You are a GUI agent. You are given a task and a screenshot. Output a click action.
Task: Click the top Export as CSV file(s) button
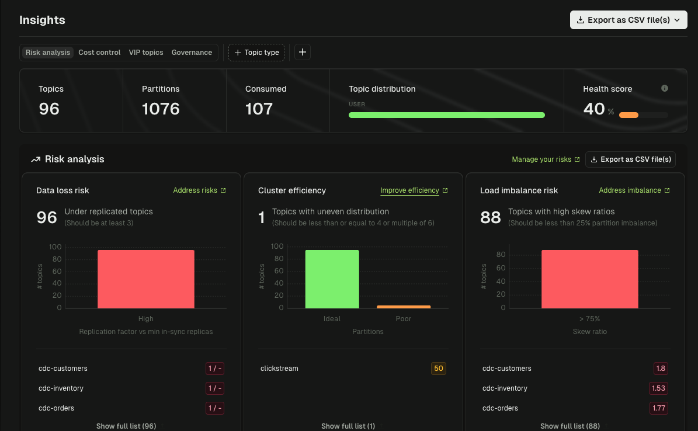[628, 20]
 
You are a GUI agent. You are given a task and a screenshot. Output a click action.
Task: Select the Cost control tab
[99, 53]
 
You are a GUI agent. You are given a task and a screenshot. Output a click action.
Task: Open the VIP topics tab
[146, 53]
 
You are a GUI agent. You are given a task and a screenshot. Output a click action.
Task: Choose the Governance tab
[192, 53]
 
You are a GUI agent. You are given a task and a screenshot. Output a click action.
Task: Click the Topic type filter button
[256, 53]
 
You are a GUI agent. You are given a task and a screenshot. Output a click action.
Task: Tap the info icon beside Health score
[664, 88]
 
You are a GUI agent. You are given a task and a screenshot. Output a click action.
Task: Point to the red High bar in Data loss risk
[146, 279]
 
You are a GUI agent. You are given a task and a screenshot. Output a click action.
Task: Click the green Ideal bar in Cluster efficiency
[332, 279]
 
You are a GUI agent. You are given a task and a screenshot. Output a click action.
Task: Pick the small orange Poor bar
[404, 307]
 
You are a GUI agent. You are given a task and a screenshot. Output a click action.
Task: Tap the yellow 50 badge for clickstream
[438, 369]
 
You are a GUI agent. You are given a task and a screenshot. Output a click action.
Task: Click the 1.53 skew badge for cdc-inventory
[658, 388]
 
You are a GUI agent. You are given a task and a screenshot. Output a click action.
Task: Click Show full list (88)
[569, 426]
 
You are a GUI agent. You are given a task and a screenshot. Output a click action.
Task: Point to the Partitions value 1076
[161, 109]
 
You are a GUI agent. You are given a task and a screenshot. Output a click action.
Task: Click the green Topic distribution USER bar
[446, 115]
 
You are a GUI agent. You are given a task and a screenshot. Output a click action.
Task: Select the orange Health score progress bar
[629, 115]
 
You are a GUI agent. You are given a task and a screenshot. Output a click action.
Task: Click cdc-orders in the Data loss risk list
[56, 408]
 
